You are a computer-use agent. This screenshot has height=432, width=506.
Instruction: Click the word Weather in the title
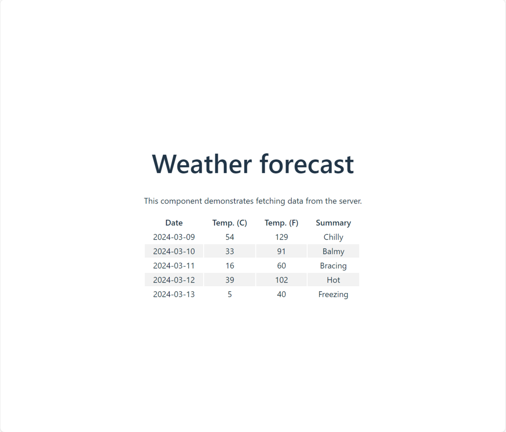point(202,164)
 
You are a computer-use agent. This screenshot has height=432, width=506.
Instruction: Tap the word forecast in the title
point(307,164)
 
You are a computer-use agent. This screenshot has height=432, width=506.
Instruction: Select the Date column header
point(174,223)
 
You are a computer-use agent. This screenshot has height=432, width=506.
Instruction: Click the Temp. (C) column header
point(230,223)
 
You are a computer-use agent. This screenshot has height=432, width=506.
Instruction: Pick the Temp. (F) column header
point(282,223)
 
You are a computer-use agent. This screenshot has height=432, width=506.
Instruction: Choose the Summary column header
point(334,223)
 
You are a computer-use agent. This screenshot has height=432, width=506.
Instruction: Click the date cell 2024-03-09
point(174,237)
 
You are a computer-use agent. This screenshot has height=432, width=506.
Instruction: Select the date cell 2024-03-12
point(174,280)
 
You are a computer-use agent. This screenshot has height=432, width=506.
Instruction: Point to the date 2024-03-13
point(174,294)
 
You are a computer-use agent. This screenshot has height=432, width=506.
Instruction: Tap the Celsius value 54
point(230,237)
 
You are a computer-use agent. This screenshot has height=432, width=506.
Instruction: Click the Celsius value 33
point(230,251)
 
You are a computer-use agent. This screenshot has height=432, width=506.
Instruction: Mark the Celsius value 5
point(230,294)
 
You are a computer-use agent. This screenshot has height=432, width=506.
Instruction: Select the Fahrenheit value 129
point(282,237)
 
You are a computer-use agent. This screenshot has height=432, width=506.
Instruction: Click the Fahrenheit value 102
point(282,280)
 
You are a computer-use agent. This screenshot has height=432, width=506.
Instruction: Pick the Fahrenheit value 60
point(282,266)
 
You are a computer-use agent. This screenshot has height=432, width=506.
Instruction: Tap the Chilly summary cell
point(334,237)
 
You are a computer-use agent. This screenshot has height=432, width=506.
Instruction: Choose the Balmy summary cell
point(334,252)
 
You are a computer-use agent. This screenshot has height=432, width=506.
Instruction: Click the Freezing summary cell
point(334,295)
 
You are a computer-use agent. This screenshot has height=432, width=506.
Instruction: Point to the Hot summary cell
point(334,280)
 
